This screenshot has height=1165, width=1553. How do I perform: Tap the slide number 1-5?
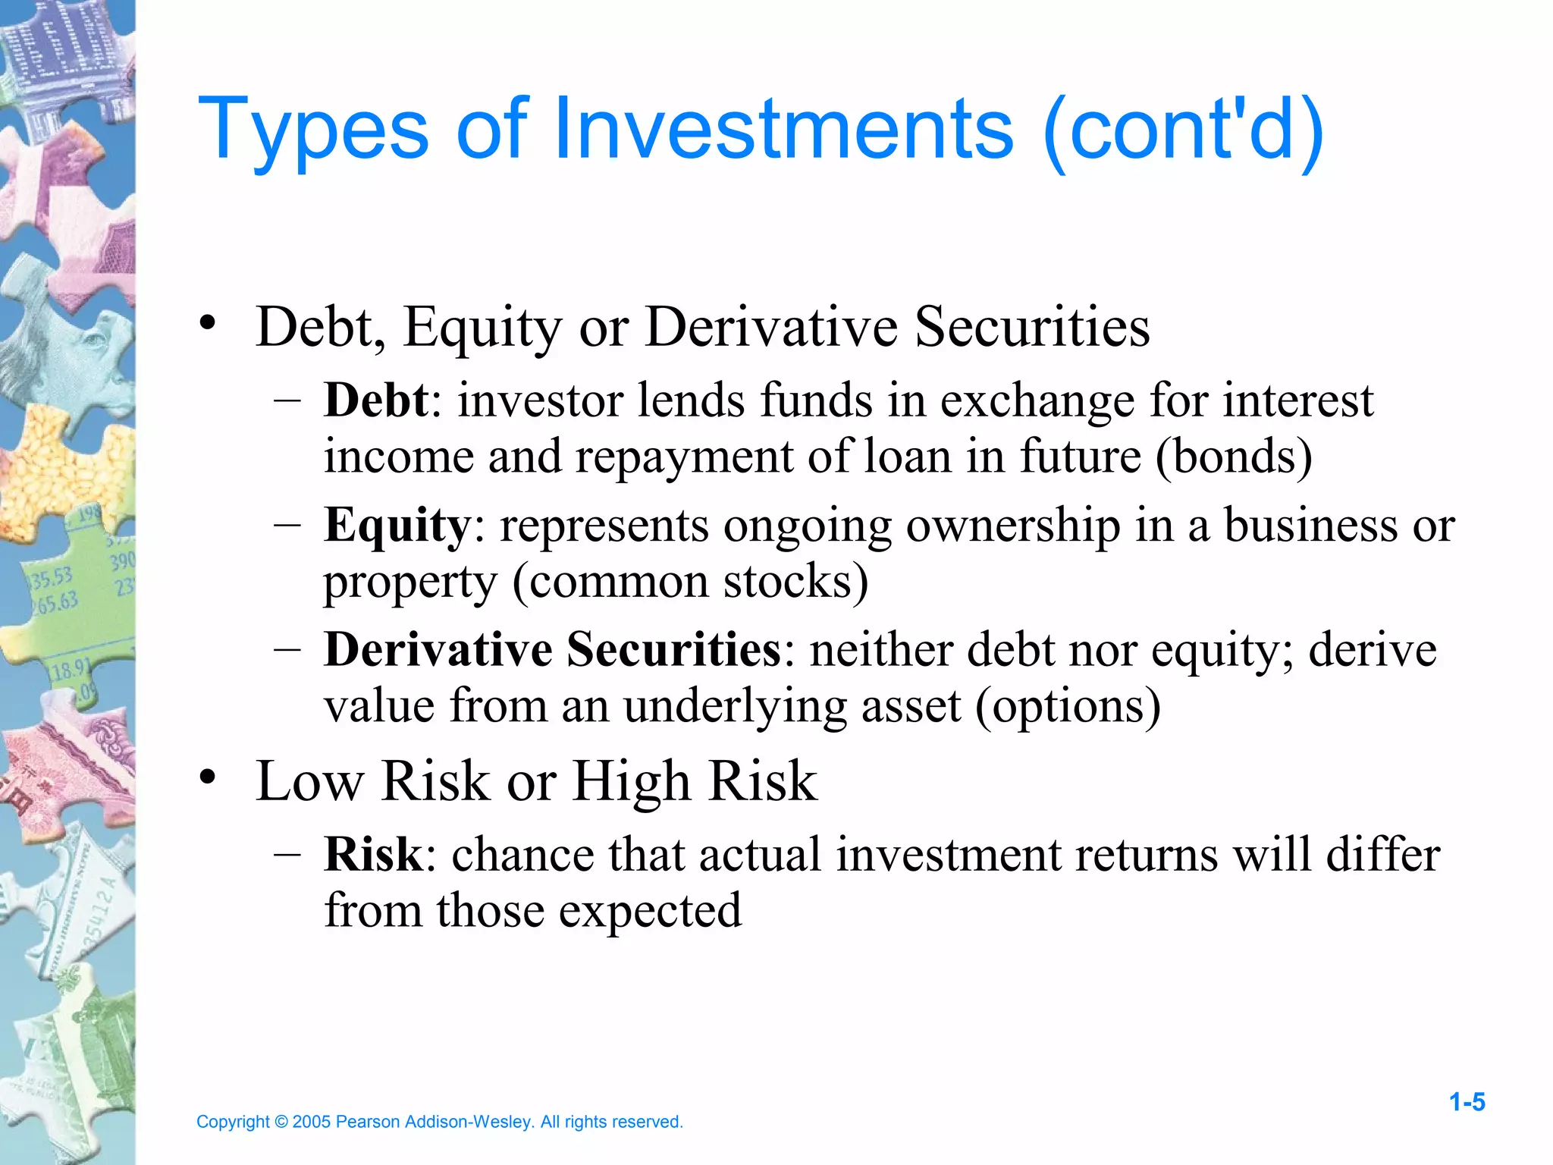click(x=1467, y=1102)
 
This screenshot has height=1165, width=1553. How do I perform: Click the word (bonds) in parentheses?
click(x=1234, y=457)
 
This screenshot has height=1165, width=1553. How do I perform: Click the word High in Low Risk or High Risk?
click(x=631, y=780)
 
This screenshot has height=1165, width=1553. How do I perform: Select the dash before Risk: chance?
click(x=287, y=855)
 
